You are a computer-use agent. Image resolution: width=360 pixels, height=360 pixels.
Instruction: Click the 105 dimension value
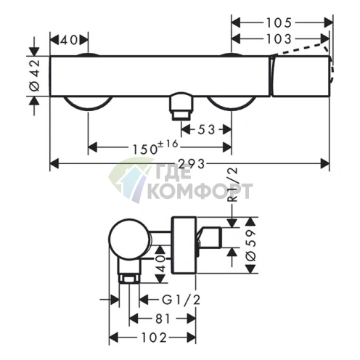tap(279, 23)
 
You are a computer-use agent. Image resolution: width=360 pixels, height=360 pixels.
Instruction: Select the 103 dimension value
tap(279, 39)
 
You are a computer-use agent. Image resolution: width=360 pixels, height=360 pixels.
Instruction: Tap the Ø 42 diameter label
tap(35, 75)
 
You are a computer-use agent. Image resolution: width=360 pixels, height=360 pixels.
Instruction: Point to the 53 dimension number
tap(206, 130)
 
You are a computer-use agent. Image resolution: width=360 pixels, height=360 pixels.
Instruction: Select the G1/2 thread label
tap(181, 300)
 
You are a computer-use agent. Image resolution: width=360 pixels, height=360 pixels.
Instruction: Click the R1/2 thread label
tap(233, 184)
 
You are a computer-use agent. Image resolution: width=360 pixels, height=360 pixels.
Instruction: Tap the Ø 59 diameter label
tap(252, 245)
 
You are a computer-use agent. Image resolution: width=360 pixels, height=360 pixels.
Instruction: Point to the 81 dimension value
tap(163, 319)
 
